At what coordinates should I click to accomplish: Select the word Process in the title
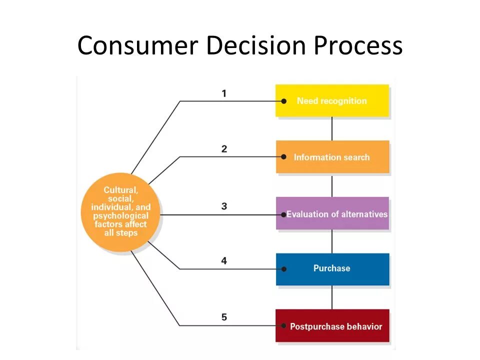point(358,45)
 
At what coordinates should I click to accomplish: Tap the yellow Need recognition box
point(332,100)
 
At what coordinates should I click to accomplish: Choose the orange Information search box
point(332,157)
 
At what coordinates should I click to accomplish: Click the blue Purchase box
point(332,268)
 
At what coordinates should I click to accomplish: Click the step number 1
point(224,93)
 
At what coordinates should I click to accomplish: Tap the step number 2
point(224,149)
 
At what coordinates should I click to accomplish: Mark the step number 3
point(224,206)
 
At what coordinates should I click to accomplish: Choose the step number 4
point(224,260)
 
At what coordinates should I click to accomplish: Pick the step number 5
point(224,317)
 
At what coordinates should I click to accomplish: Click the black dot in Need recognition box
point(283,101)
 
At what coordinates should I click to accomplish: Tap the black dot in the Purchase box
point(283,269)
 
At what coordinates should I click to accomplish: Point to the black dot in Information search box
point(283,157)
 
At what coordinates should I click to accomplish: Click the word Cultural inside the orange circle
point(120,190)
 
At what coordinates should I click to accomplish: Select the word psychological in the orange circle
point(120,216)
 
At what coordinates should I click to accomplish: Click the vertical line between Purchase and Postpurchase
point(332,297)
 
